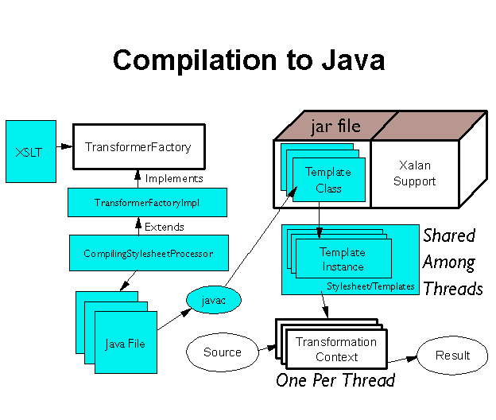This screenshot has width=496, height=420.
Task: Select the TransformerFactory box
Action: click(138, 146)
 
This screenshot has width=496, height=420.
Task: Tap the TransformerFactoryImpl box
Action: click(147, 203)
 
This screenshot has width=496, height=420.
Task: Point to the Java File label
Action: click(126, 344)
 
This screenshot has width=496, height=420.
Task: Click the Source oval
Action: click(223, 352)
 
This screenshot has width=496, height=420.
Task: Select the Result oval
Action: click(452, 355)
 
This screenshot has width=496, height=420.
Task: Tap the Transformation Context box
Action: click(337, 349)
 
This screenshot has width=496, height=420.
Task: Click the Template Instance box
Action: click(343, 259)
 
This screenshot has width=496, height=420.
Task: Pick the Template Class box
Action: click(323, 180)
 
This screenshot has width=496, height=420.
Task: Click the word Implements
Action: click(174, 178)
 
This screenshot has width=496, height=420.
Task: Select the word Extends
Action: click(164, 227)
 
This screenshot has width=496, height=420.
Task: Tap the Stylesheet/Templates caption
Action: click(370, 286)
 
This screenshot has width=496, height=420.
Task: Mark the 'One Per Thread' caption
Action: click(335, 380)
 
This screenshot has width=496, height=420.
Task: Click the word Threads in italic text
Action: click(452, 288)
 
